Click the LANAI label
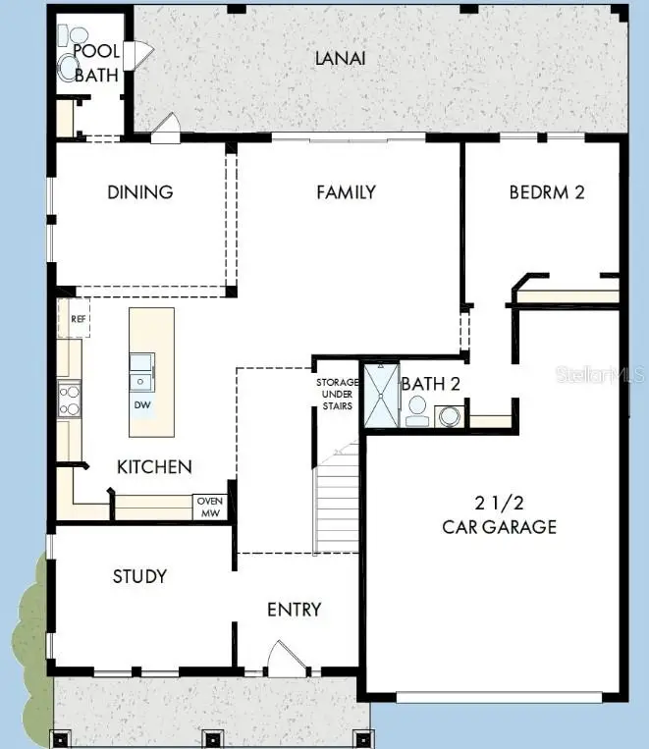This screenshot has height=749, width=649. tap(340, 58)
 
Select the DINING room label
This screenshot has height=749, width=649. tap(140, 192)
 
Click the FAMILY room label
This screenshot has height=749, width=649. tap(346, 192)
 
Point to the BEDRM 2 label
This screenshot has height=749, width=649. tap(547, 192)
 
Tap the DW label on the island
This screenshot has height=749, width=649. tap(142, 404)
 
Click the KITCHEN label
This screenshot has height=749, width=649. tap(154, 467)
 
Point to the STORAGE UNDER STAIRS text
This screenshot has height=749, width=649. tap(336, 395)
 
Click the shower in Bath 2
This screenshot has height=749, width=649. tap(380, 396)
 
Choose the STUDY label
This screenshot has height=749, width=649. tap(139, 576)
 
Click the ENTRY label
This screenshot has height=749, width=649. tap(295, 610)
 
